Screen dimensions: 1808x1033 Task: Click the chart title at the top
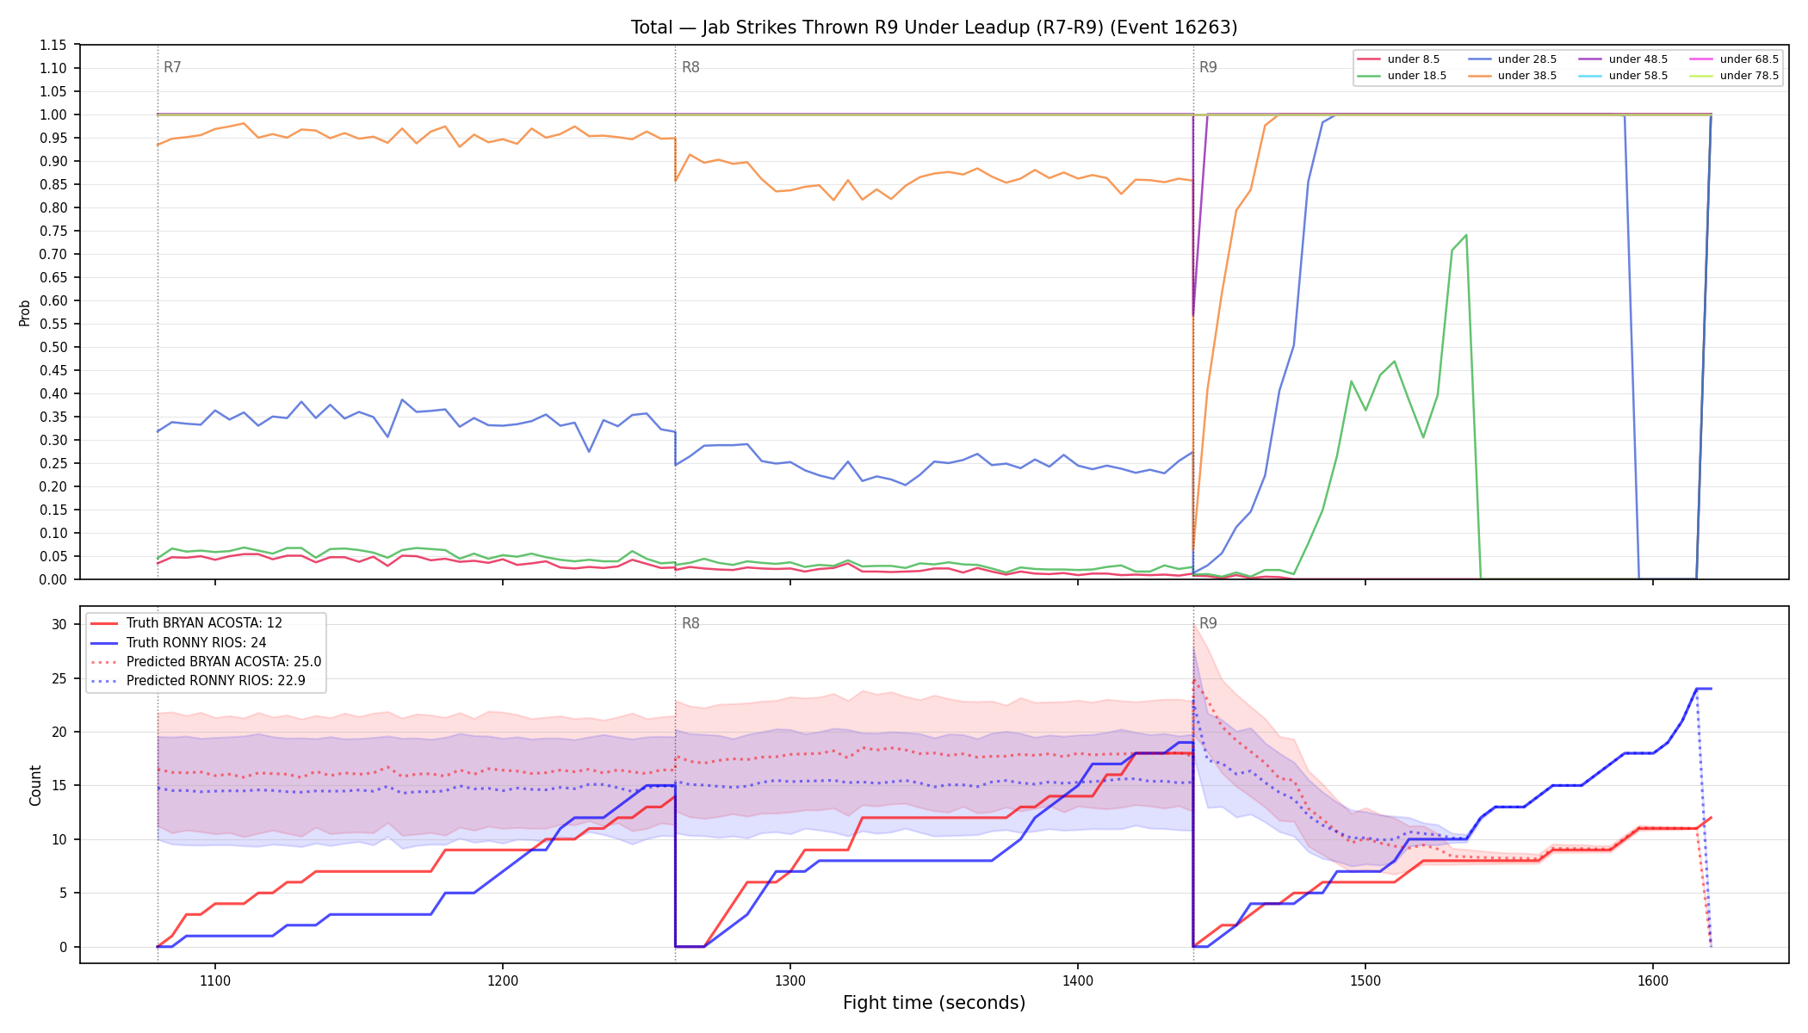(934, 28)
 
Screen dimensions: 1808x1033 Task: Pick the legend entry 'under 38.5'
(1512, 76)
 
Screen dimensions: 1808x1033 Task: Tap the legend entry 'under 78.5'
(1734, 76)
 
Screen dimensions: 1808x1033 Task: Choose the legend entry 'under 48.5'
(1623, 59)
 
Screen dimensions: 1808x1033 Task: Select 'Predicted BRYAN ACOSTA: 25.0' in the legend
(206, 662)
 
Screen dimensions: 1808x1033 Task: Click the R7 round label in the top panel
(172, 67)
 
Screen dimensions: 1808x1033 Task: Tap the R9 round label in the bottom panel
(1208, 623)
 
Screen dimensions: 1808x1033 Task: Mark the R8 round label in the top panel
(690, 67)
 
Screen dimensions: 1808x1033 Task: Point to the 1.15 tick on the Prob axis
(53, 45)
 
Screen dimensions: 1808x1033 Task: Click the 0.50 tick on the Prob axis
(53, 347)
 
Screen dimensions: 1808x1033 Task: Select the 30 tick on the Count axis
(59, 624)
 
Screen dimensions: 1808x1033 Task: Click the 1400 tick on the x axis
(1078, 980)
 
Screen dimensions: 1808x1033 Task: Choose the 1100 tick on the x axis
(215, 980)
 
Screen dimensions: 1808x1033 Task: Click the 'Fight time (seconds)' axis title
(934, 1003)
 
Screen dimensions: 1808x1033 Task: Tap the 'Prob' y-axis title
(25, 312)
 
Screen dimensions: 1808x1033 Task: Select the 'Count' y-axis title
(35, 785)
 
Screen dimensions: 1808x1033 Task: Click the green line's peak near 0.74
(1465, 235)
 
